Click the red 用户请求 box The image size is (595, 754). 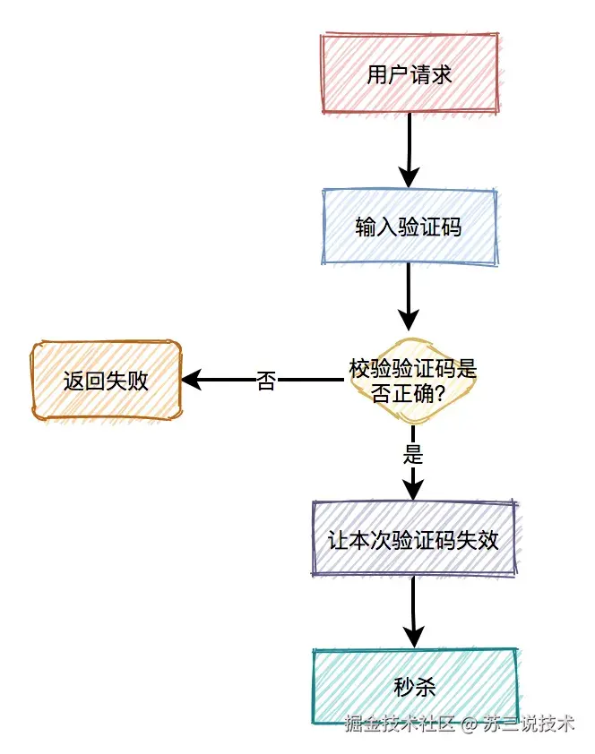(409, 73)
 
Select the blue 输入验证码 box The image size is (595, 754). (409, 227)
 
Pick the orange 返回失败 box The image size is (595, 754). (107, 381)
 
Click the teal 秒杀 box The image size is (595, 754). (415, 687)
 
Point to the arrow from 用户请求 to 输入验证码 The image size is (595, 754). (409, 148)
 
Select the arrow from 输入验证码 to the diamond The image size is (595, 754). (409, 296)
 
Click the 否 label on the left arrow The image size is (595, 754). (266, 381)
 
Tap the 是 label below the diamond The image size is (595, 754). (412, 454)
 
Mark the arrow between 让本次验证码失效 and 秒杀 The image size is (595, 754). (413, 609)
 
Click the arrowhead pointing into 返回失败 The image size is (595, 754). (191, 381)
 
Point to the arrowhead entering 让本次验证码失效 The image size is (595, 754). (412, 489)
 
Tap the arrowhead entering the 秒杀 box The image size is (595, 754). (413, 637)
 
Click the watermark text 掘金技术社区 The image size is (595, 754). (401, 724)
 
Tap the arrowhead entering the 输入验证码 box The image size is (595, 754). (409, 178)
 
